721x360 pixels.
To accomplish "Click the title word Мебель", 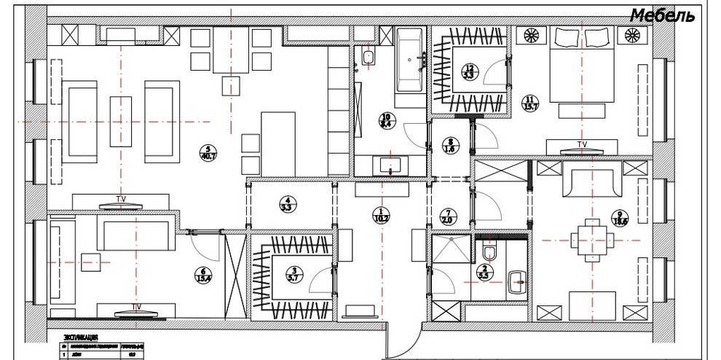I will (x=662, y=15).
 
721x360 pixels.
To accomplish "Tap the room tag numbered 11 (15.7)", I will (x=529, y=103).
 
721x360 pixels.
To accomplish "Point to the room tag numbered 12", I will (x=468, y=70).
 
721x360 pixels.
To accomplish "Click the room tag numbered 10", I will (x=385, y=121).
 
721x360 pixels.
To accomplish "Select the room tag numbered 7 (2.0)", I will (x=447, y=216).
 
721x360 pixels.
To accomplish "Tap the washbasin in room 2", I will (x=518, y=278).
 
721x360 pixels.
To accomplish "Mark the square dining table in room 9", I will (x=588, y=237).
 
